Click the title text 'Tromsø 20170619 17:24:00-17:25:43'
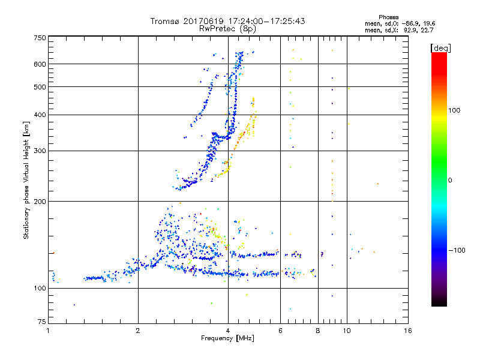tap(227, 21)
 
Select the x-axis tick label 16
tap(408, 331)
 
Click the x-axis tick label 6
tap(280, 331)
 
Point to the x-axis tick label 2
tap(138, 331)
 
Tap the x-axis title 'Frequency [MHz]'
tap(227, 338)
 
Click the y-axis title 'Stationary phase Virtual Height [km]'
tap(26, 180)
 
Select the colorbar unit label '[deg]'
tap(441, 48)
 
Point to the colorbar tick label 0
tap(451, 180)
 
